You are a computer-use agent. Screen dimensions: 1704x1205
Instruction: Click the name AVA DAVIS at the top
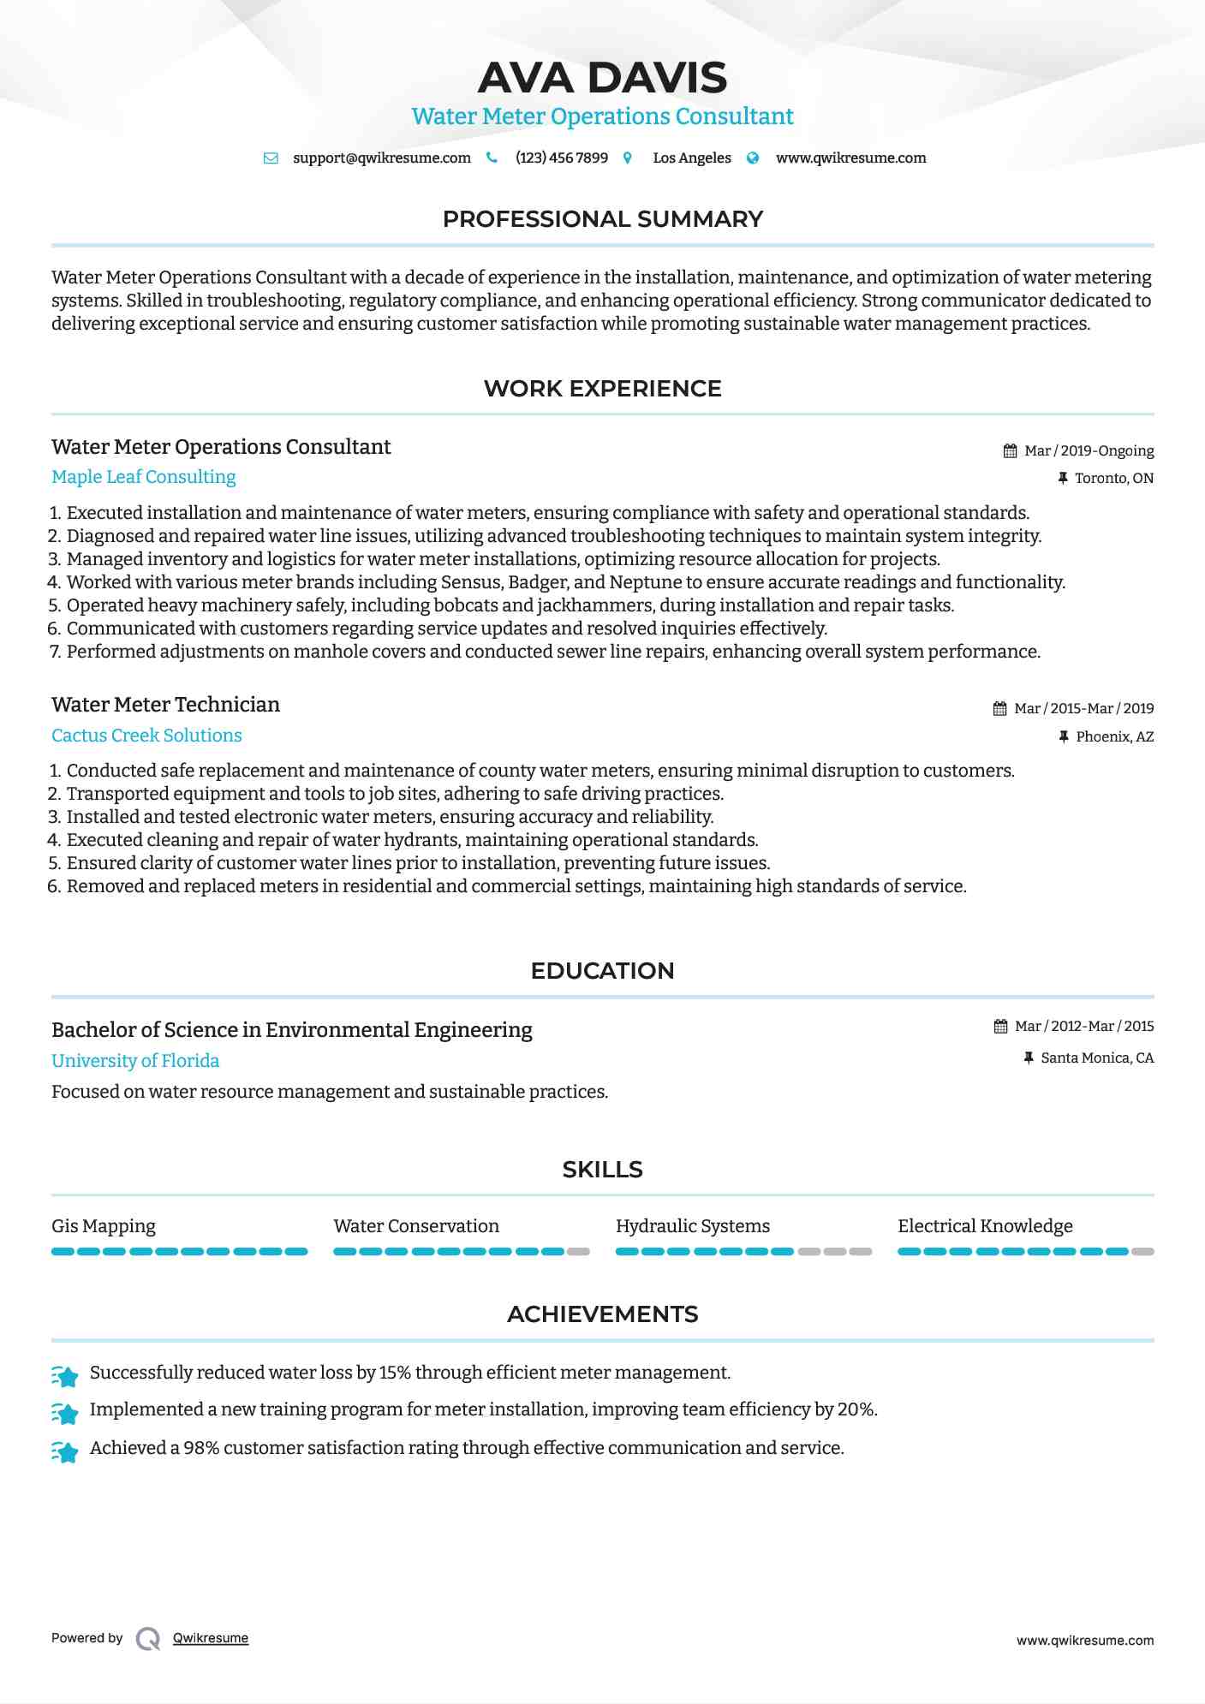(602, 78)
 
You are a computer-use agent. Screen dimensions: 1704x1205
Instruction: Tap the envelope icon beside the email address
(271, 158)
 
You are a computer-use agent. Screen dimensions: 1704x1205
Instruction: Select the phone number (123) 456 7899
(562, 158)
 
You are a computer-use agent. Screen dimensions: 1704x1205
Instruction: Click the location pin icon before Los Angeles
(628, 158)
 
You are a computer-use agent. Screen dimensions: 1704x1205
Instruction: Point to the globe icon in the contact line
(753, 158)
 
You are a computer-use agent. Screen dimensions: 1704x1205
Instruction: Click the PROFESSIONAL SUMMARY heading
(602, 219)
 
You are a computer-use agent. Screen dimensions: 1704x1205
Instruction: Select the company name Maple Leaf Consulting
(144, 477)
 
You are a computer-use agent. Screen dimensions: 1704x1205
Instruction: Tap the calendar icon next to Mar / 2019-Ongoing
(1011, 451)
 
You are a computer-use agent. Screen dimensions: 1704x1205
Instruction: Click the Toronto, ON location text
(1114, 479)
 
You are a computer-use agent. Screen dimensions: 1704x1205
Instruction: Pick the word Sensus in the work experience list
(471, 582)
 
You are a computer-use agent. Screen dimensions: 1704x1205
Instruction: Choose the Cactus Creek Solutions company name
(146, 736)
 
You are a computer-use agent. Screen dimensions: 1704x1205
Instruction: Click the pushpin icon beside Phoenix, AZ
(1064, 737)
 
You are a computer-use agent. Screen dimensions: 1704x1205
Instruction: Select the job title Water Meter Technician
(165, 705)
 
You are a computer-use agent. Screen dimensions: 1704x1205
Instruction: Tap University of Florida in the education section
(135, 1061)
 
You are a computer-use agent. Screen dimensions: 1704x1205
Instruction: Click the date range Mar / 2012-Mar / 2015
(1084, 1027)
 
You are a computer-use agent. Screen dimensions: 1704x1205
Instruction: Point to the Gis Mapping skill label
(104, 1226)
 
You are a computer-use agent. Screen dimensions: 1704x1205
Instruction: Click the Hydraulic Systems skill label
(693, 1226)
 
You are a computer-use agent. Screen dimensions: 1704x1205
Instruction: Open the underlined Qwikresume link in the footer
(211, 1638)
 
